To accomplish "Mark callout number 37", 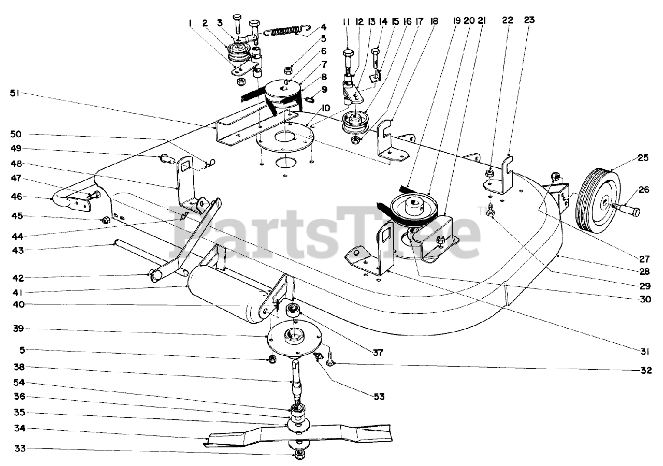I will pyautogui.click(x=378, y=353).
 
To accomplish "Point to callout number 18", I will pyautogui.click(x=434, y=22).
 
